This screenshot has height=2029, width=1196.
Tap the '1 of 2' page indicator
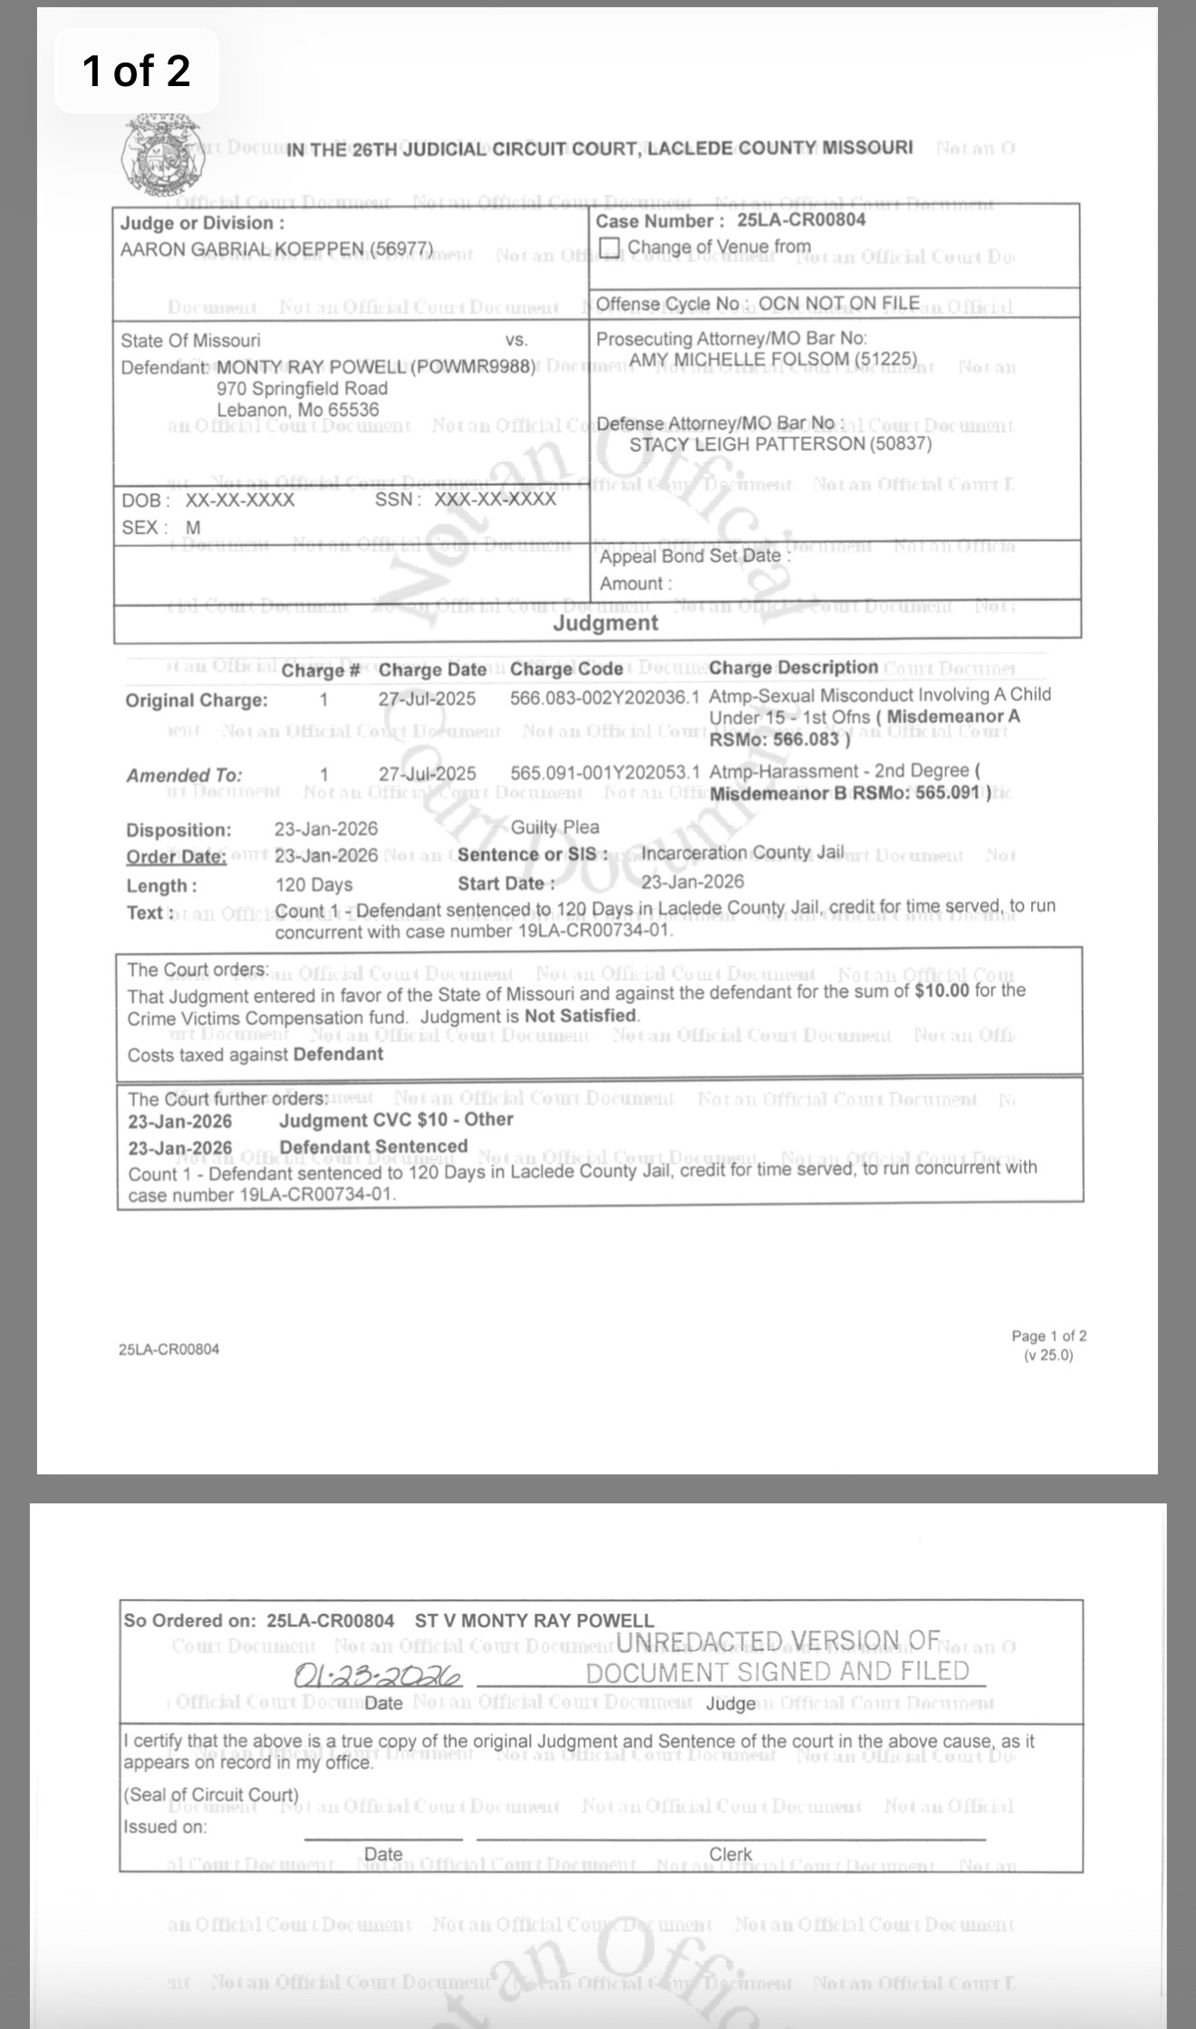click(x=136, y=71)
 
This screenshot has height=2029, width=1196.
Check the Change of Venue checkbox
click(x=611, y=247)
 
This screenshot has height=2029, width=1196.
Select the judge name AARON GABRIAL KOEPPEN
click(x=276, y=249)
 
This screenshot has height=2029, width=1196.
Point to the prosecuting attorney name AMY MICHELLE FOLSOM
click(x=773, y=360)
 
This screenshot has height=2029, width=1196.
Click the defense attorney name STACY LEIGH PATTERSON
click(x=780, y=444)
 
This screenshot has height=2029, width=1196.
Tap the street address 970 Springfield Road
click(x=302, y=389)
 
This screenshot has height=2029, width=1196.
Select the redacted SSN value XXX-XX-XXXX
click(x=495, y=499)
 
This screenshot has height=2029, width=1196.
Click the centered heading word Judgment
click(x=605, y=623)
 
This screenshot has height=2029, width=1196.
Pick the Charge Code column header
click(x=566, y=670)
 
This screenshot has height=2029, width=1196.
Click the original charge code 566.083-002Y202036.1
click(x=604, y=697)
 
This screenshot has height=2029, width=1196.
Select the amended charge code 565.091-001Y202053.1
click(x=604, y=773)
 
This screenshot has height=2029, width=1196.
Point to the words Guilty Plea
click(x=555, y=827)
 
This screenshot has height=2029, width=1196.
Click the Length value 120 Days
click(x=313, y=884)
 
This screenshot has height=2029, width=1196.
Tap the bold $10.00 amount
click(x=941, y=990)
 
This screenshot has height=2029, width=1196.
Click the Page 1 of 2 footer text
click(x=1048, y=1336)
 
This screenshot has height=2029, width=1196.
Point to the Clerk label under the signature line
click(x=730, y=1854)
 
